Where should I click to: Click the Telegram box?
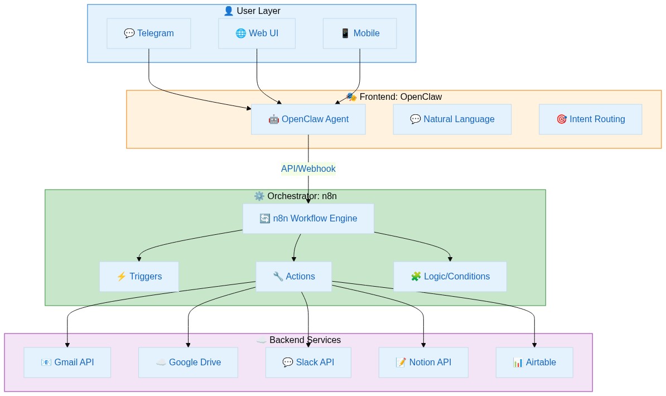click(148, 33)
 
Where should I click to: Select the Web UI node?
click(257, 33)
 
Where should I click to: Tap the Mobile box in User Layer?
click(360, 33)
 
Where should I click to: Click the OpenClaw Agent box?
click(308, 119)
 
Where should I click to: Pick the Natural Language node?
click(452, 119)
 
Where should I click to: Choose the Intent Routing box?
click(590, 119)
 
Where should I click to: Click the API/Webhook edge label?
click(308, 168)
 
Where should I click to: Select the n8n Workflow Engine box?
click(308, 219)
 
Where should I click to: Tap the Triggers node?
click(139, 277)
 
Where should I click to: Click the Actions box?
click(293, 277)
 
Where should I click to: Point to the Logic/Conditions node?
click(450, 277)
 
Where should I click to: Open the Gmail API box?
click(67, 363)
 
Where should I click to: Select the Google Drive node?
click(188, 363)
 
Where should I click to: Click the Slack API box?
click(308, 363)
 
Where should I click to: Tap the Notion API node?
click(423, 363)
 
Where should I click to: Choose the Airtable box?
click(534, 363)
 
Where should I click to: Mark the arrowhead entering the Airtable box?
click(534, 344)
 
